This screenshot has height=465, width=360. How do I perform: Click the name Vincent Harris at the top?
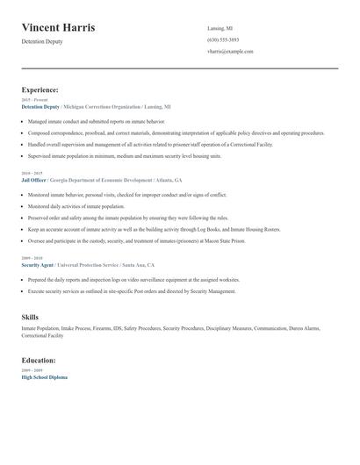[58, 28]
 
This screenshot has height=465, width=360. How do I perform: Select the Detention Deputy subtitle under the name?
[42, 42]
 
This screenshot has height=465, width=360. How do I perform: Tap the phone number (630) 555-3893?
[223, 39]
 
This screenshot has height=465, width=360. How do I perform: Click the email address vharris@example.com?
[230, 51]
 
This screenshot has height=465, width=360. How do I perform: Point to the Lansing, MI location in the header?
[220, 28]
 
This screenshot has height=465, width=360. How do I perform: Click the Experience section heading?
[40, 89]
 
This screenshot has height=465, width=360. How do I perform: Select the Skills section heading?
[30, 317]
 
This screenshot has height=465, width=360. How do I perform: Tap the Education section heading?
[39, 360]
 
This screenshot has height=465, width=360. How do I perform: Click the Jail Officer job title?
[33, 179]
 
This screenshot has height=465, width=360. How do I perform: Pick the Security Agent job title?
[38, 264]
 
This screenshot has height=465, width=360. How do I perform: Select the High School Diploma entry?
[44, 376]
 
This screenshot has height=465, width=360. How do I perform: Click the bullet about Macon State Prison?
[136, 240]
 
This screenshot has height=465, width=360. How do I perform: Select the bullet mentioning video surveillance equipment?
[134, 279]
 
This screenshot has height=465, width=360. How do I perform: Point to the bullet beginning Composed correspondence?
[176, 132]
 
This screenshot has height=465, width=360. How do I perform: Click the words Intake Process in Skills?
[78, 328]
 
